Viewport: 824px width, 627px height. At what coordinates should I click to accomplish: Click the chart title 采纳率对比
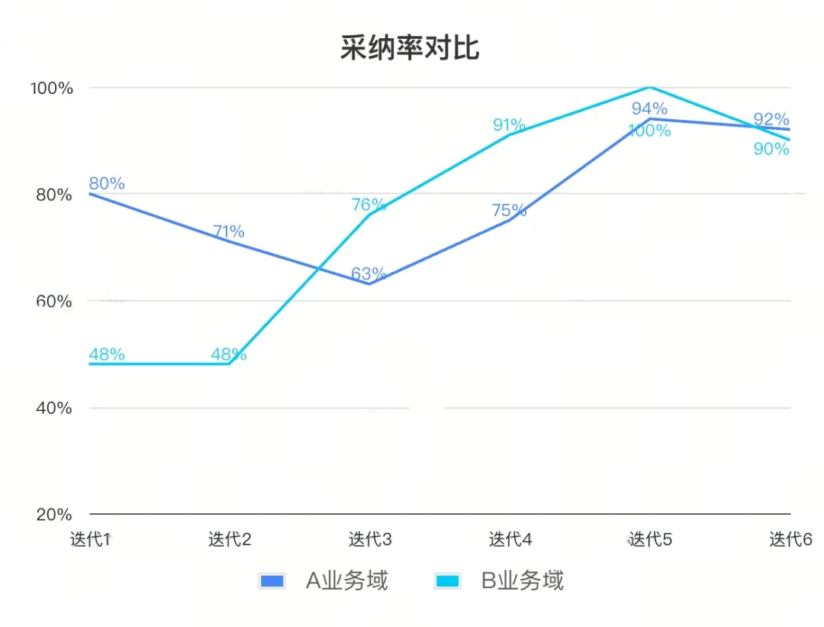click(x=410, y=48)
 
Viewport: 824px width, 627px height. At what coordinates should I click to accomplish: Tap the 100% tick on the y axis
click(x=52, y=88)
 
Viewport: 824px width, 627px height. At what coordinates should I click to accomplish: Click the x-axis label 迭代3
click(x=370, y=540)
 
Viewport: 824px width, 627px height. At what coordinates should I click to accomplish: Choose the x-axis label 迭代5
click(x=650, y=540)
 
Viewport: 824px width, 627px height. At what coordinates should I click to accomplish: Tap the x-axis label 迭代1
click(x=91, y=540)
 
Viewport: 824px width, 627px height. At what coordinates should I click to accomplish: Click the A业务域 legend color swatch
click(x=272, y=581)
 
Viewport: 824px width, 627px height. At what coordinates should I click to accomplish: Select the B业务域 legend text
click(x=523, y=581)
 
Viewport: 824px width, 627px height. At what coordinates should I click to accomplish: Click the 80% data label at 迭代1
click(x=107, y=183)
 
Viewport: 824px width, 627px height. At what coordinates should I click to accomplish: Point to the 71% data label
click(x=228, y=231)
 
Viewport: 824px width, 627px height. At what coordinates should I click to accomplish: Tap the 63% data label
click(x=369, y=273)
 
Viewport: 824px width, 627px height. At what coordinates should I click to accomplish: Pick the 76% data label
click(x=369, y=205)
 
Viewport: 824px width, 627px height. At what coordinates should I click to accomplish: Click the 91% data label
click(x=509, y=124)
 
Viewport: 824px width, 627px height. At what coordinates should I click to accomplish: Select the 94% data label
click(x=649, y=108)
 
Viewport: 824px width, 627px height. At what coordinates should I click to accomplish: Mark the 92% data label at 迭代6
click(x=771, y=119)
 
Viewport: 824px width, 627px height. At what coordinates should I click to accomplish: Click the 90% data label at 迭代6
click(x=771, y=149)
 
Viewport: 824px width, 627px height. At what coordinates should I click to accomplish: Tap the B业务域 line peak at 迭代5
click(x=649, y=88)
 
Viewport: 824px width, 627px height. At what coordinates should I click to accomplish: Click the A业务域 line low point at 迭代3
click(x=369, y=284)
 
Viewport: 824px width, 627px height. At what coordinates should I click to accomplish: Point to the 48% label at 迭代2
click(x=228, y=354)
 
